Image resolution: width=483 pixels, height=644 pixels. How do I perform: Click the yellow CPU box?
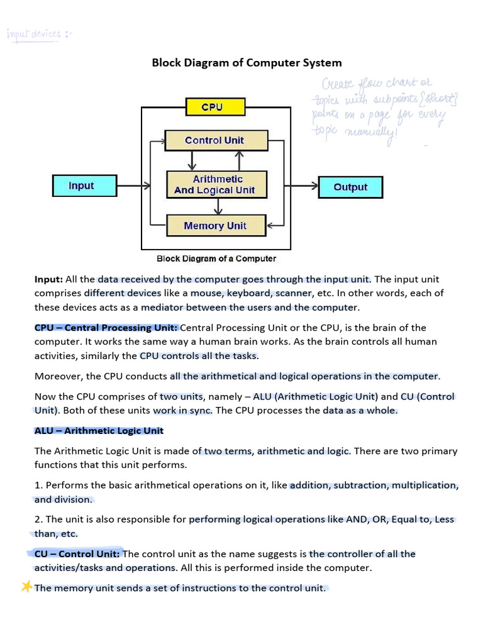(215, 107)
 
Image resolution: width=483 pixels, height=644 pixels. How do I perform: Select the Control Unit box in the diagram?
(214, 140)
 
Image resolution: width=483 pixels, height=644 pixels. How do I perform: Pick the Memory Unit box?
(215, 226)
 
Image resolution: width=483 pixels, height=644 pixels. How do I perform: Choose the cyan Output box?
(350, 187)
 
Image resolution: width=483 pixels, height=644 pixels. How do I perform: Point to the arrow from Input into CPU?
(133, 186)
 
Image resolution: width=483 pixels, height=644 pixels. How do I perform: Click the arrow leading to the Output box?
(302, 186)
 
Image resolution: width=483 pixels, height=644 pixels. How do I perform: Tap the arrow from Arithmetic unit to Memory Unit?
(218, 206)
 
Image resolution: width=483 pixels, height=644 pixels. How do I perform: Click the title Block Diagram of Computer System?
(247, 62)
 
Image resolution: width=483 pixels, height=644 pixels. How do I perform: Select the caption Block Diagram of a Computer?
(216, 258)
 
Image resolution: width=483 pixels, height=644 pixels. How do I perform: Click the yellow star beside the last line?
(26, 587)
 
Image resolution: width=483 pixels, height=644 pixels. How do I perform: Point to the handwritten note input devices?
(38, 34)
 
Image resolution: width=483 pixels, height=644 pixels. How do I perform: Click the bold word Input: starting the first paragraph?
(48, 279)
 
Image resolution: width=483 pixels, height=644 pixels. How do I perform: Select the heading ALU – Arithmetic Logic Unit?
(99, 431)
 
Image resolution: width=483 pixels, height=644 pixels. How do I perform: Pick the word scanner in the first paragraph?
(292, 293)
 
